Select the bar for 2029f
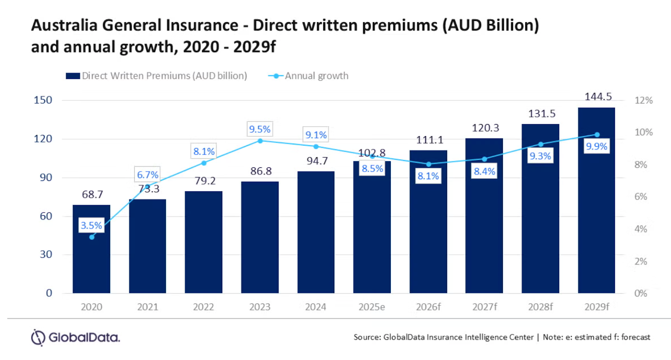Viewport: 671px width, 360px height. (x=596, y=210)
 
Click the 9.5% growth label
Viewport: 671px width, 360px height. (x=260, y=129)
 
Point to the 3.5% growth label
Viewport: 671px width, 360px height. (x=91, y=225)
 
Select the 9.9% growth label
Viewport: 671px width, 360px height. (x=596, y=146)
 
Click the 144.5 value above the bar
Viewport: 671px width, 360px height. (x=598, y=97)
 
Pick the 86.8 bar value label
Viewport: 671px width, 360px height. (x=261, y=171)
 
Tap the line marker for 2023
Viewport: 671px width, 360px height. (x=260, y=141)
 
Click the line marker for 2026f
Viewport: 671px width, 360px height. (x=429, y=164)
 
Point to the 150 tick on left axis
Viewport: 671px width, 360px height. (x=43, y=100)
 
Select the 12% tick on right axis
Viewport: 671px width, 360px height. (x=643, y=100)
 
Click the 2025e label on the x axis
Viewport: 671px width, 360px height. (x=372, y=307)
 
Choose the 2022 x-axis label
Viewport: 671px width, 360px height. (x=203, y=307)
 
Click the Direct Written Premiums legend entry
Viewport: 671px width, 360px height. (x=156, y=76)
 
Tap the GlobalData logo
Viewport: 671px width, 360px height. (x=75, y=337)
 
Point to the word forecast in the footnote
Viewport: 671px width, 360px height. (x=635, y=337)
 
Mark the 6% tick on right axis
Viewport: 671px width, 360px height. (x=640, y=196)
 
